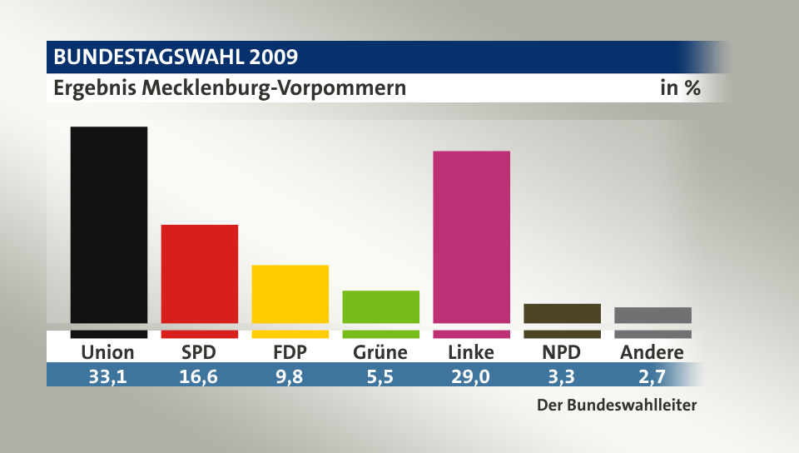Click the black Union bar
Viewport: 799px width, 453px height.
coord(108,225)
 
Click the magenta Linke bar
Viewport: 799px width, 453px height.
coord(471,236)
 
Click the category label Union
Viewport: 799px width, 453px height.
coord(107,352)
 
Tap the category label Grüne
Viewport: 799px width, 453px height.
coord(380,352)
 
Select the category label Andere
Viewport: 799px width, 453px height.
coord(653,352)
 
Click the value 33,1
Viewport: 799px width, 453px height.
coord(107,376)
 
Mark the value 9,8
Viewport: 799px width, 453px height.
coord(290,376)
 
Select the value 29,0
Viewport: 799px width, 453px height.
coord(471,376)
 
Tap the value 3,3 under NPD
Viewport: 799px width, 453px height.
coord(562,376)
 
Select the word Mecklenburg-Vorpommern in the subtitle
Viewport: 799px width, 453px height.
coord(275,87)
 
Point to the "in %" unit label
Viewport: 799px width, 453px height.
coord(680,87)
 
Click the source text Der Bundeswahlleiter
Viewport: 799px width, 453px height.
coord(615,406)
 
